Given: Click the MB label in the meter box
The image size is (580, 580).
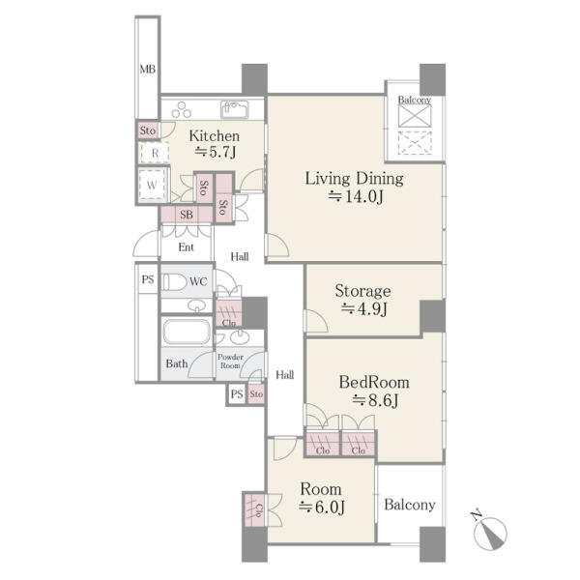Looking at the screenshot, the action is coord(148,70).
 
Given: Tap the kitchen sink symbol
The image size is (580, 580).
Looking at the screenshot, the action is coord(235,109).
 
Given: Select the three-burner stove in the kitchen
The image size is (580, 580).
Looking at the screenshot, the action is coord(182,109).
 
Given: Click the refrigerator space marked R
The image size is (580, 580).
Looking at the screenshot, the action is coord(155,153).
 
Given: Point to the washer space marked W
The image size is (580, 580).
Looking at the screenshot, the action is coord(152,185).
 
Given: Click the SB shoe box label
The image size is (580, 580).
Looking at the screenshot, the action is coord(187,215).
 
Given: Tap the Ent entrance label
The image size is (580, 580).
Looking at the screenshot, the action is coord(186,247).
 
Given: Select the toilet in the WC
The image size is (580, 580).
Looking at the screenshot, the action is coord(175,282).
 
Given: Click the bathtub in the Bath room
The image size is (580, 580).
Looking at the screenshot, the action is coord(187,332).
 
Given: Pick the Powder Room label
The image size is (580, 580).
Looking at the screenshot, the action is coord(230,362).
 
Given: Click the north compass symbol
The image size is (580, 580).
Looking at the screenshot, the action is coord(489,531).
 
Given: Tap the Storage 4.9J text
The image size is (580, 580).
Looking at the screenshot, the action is coord(362,300).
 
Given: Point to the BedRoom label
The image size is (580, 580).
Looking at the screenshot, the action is coord(374,382).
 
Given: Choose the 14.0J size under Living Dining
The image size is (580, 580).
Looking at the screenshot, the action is coord(356,196).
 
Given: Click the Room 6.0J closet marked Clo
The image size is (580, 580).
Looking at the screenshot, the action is coord(253,510).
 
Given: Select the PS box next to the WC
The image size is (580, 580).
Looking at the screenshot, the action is coord(148,279).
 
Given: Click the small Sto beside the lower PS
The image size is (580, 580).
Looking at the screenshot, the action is coord(256,394).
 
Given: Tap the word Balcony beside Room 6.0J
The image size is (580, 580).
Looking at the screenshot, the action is coord(410,505).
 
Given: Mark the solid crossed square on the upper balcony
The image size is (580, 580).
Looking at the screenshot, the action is coord(415,115).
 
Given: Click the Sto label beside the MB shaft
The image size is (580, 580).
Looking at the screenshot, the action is coord(148,130).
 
